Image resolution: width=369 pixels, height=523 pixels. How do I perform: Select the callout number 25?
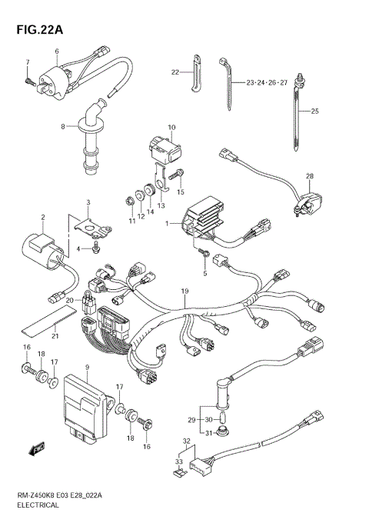[314, 112]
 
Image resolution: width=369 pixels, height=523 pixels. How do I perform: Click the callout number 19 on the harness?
[184, 291]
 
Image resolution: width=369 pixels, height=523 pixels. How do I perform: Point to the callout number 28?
[310, 177]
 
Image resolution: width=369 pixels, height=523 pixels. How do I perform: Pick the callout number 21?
[55, 336]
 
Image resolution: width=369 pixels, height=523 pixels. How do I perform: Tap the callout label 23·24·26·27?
[267, 82]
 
